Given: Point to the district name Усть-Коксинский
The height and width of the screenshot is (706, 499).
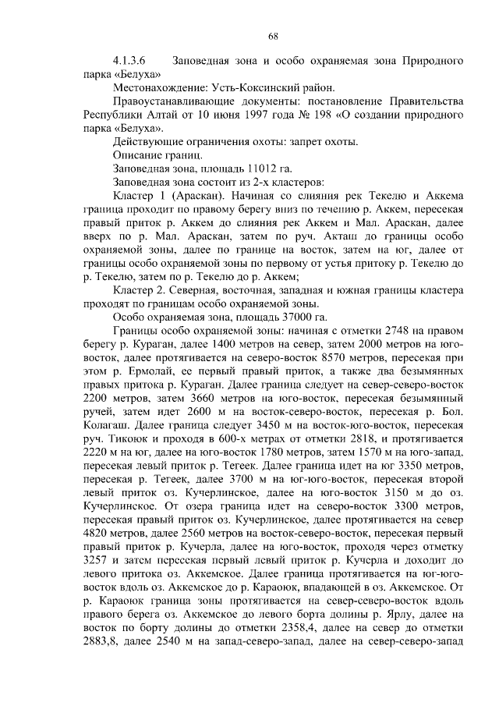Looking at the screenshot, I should (253, 87).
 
